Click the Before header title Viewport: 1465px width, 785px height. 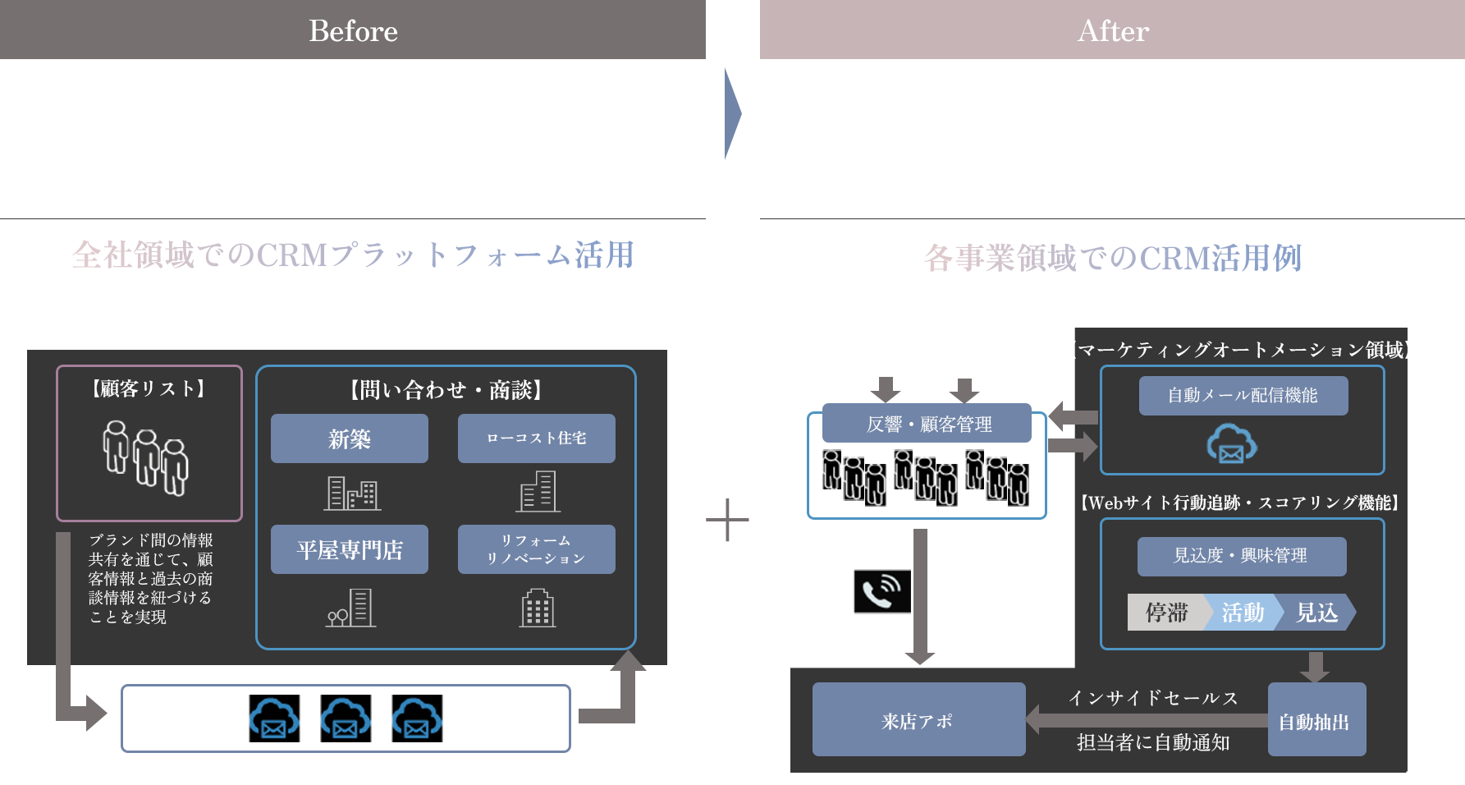tap(353, 31)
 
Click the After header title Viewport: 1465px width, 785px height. tap(1113, 31)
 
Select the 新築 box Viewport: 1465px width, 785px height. tap(350, 438)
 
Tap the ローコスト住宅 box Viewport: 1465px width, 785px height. tap(536, 438)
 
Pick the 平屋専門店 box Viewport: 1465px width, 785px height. tap(350, 549)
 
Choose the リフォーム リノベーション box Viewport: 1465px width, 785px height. tap(536, 549)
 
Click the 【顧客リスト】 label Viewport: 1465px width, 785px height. tap(149, 388)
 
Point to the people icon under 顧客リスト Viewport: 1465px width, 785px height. tap(145, 457)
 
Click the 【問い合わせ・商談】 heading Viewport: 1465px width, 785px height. tap(446, 390)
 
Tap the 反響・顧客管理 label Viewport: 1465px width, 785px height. tap(928, 424)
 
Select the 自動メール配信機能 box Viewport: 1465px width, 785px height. tap(1243, 396)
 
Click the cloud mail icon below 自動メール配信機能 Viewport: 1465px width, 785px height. tap(1231, 444)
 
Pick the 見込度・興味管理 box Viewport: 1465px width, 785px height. tap(1241, 556)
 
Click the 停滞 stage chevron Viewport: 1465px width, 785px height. tap(1165, 613)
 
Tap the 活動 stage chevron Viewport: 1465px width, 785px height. tap(1242, 613)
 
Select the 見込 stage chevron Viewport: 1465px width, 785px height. tap(1316, 613)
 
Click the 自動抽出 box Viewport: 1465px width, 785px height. tap(1316, 721)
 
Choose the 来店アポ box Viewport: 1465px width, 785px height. tap(918, 720)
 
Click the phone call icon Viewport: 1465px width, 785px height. tap(881, 591)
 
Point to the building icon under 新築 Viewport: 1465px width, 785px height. tap(351, 493)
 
